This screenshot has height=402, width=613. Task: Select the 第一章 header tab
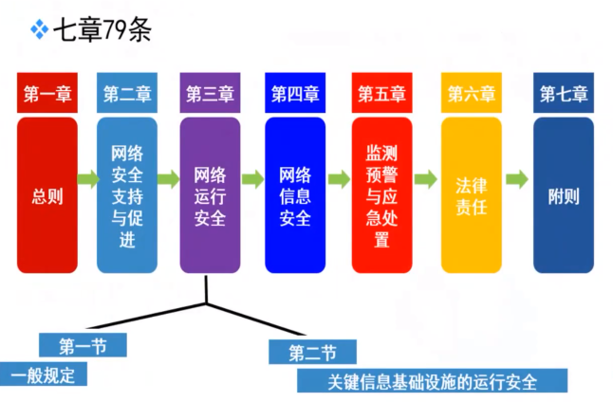point(46,94)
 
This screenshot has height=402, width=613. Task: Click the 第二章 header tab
point(127,94)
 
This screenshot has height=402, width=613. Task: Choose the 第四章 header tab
point(294,94)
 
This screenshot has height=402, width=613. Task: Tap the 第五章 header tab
point(381,94)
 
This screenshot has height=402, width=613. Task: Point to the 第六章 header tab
point(471,94)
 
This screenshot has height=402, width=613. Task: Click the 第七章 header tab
point(564,94)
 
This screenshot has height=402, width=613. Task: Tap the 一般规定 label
point(42,375)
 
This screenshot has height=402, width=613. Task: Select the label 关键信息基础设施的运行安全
point(432,381)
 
